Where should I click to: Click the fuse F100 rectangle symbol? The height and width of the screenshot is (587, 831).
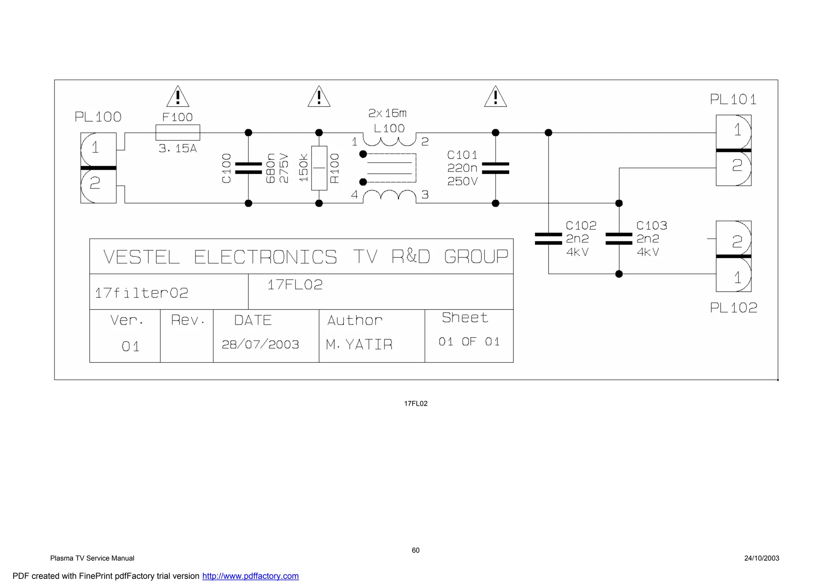tap(178, 133)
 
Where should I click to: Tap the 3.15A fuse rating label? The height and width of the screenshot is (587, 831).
tap(177, 148)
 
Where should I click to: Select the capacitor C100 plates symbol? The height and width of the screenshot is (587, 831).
tap(248, 168)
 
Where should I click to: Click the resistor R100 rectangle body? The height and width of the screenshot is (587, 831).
tap(319, 168)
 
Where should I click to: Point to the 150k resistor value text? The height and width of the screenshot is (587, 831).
tap(304, 168)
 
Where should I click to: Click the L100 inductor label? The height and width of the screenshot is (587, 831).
tap(389, 129)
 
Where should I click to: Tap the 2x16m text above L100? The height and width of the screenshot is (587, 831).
tap(387, 113)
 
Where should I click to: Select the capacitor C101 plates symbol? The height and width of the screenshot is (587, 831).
tap(495, 168)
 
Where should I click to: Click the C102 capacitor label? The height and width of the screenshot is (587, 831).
tap(581, 225)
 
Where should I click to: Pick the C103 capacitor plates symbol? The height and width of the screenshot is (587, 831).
tap(619, 239)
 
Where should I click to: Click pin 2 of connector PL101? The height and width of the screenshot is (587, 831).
tap(737, 166)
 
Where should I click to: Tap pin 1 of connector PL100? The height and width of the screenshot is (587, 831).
tap(95, 147)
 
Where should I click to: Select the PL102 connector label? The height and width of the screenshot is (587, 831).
tap(733, 307)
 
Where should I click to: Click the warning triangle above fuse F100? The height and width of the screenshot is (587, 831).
tap(178, 97)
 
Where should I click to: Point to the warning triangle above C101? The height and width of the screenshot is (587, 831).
tap(495, 97)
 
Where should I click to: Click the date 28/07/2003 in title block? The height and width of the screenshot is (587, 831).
tap(260, 344)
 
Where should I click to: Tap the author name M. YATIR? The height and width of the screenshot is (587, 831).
tap(359, 344)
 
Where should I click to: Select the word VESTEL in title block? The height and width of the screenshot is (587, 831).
tap(141, 257)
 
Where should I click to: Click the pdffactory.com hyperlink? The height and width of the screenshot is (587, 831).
tap(250, 576)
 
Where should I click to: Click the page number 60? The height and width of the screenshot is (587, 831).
tap(415, 550)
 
